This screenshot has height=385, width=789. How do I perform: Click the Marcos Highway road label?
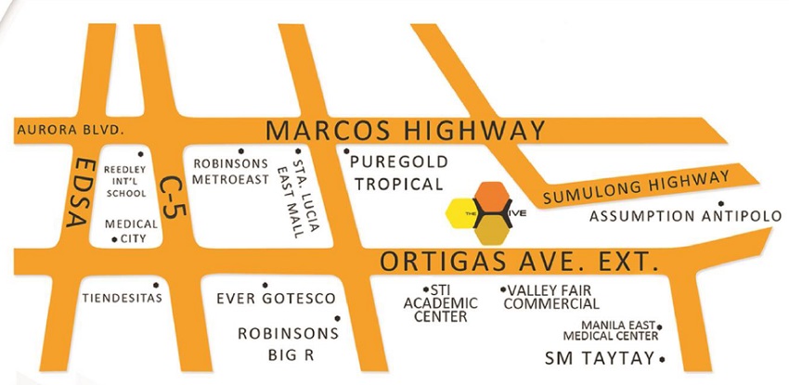tap(405, 131)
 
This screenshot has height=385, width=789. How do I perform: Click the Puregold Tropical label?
tap(399, 173)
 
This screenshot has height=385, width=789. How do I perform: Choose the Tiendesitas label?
tap(123, 298)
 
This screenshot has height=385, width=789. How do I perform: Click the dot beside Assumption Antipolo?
tap(720, 203)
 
